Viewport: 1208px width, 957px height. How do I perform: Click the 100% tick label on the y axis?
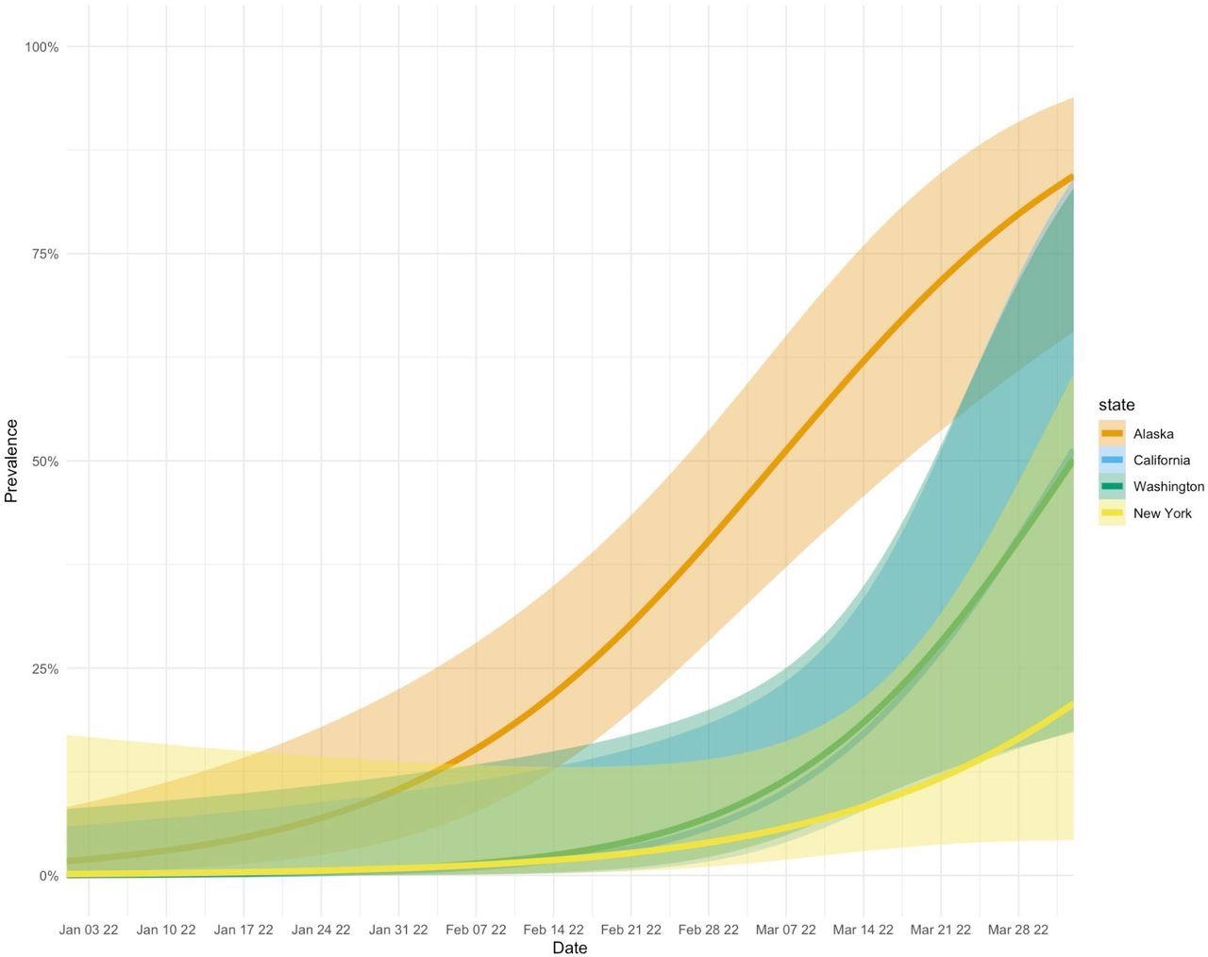pyautogui.click(x=42, y=47)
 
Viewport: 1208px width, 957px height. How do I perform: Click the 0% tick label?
pyautogui.click(x=48, y=876)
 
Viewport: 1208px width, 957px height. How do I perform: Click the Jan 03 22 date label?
pyautogui.click(x=89, y=930)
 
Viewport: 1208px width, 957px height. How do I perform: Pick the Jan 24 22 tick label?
pyautogui.click(x=321, y=930)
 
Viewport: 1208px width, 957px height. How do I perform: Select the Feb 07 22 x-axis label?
pyautogui.click(x=476, y=930)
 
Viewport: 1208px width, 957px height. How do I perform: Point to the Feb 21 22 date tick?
pyautogui.click(x=630, y=930)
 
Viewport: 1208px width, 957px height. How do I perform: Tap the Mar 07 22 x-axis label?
pyautogui.click(x=785, y=930)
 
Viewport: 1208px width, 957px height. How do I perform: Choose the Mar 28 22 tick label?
pyautogui.click(x=1017, y=930)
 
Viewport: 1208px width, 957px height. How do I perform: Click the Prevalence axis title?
pyautogui.click(x=12, y=461)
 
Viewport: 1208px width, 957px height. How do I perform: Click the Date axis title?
pyautogui.click(x=569, y=948)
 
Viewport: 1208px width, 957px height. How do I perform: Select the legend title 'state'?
pyautogui.click(x=1116, y=405)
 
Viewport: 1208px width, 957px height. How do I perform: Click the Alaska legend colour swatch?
pyautogui.click(x=1112, y=434)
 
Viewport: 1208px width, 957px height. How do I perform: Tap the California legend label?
pyautogui.click(x=1161, y=461)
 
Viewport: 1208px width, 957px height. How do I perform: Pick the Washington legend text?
pyautogui.click(x=1168, y=487)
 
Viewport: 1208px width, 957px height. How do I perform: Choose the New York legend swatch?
pyautogui.click(x=1112, y=513)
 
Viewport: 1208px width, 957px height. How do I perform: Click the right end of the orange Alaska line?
pyautogui.click(x=1072, y=176)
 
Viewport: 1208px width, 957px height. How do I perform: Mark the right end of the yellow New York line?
pyautogui.click(x=1072, y=704)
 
